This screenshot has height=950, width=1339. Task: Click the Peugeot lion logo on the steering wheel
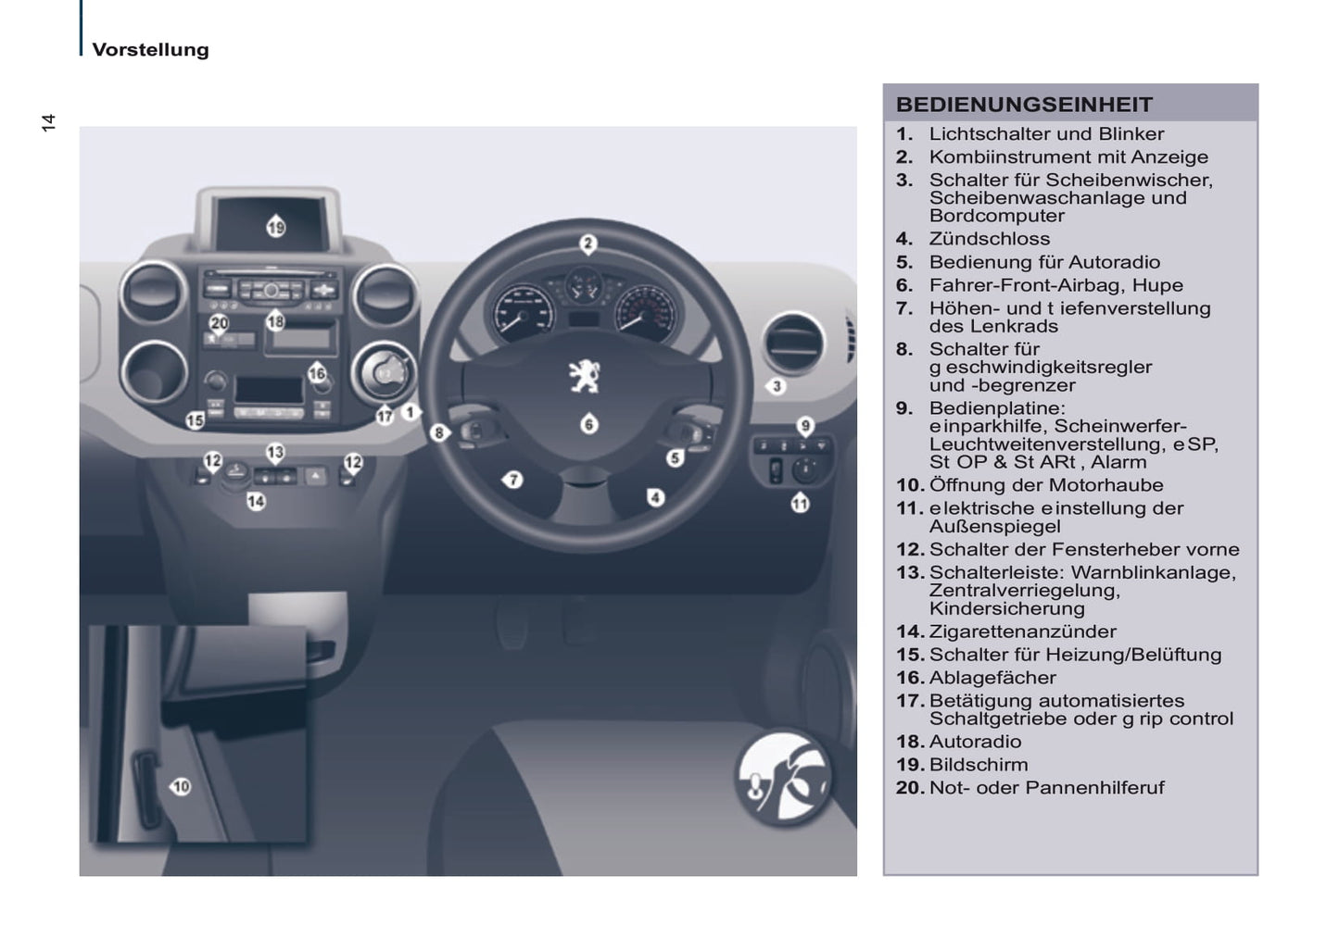[584, 376]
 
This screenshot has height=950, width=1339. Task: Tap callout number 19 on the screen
[275, 227]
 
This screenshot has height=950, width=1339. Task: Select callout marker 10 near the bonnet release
[180, 786]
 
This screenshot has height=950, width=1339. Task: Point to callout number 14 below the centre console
[256, 501]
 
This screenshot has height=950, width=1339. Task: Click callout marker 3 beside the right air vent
[776, 386]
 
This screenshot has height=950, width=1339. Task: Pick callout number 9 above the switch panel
[805, 426]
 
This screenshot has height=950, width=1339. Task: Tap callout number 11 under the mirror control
[800, 503]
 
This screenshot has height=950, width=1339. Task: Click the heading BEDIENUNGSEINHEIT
[1024, 105]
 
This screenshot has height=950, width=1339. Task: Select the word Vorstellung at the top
[151, 50]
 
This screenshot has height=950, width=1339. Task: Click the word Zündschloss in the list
[990, 239]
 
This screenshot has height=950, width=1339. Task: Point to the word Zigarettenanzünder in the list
[1023, 631]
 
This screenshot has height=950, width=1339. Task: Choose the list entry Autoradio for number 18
[976, 742]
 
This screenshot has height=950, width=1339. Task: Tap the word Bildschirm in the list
[979, 765]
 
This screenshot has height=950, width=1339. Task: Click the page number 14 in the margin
[48, 122]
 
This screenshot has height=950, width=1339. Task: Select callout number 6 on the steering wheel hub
[588, 424]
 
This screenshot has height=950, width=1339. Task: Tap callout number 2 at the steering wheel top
[587, 244]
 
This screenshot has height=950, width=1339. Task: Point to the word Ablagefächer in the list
[992, 678]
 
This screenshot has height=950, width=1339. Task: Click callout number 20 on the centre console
[220, 324]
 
